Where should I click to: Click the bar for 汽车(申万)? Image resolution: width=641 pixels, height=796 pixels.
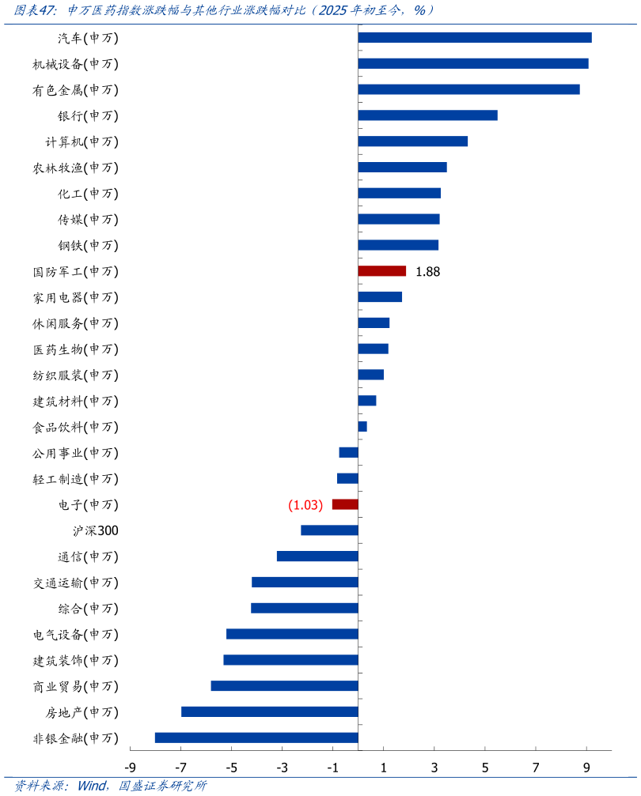pyautogui.click(x=475, y=38)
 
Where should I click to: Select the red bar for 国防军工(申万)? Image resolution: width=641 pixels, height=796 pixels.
pyautogui.click(x=381, y=271)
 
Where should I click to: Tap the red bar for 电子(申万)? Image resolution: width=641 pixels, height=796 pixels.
pyautogui.click(x=345, y=504)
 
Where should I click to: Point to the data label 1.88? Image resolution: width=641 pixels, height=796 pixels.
pyautogui.click(x=427, y=272)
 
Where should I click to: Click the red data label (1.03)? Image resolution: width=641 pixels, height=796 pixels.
pyautogui.click(x=305, y=505)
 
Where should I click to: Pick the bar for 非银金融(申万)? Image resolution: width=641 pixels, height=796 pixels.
pyautogui.click(x=256, y=738)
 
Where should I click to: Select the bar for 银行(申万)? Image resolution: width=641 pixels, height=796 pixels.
pyautogui.click(x=427, y=115)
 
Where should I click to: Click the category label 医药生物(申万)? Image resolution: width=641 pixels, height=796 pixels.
pyautogui.click(x=75, y=349)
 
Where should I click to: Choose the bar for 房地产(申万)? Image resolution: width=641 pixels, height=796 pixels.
pyautogui.click(x=270, y=711)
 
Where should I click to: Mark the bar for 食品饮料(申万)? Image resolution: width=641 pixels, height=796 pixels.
pyautogui.click(x=362, y=427)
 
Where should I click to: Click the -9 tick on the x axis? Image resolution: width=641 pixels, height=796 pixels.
pyautogui.click(x=131, y=768)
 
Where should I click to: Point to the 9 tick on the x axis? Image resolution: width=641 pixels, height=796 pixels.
pyautogui.click(x=586, y=768)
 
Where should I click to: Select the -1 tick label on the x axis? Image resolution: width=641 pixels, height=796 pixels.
pyautogui.click(x=333, y=768)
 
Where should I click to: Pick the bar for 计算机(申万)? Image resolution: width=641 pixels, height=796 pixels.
pyautogui.click(x=412, y=141)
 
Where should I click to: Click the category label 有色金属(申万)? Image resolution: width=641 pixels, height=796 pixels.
pyautogui.click(x=75, y=90)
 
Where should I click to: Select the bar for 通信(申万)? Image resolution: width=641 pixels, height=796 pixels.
pyautogui.click(x=317, y=556)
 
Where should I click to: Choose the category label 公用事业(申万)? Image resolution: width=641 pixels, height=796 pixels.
pyautogui.click(x=75, y=453)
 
